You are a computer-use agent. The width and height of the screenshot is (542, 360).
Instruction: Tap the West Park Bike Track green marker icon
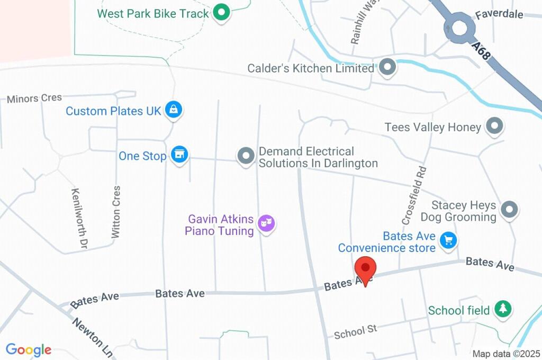pos(221,13)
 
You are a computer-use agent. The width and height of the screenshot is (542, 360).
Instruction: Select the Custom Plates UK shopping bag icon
pos(173,110)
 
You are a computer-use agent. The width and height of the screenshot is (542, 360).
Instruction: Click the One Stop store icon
pos(180,155)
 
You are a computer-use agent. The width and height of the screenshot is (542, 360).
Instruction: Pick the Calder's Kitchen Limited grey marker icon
pos(388,68)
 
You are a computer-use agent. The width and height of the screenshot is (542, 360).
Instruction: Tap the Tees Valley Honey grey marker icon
pos(494,126)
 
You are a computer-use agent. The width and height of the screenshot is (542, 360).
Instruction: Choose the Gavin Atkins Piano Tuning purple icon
pos(266,223)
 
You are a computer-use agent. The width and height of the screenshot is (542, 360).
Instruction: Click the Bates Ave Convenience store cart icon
pos(449,240)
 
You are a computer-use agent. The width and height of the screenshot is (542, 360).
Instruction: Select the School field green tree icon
pos(502,309)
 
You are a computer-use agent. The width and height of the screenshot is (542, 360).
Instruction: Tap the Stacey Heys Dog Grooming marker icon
pos(509,209)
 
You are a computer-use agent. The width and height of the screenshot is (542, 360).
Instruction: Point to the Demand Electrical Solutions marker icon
pos(246,156)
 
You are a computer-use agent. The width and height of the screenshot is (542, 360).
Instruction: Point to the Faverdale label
pos(499,14)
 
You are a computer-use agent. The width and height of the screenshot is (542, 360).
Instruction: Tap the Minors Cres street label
pos(34,98)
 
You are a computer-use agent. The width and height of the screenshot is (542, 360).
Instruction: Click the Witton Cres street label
pos(116,211)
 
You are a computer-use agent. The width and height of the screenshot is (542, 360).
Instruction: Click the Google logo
pos(29,349)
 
